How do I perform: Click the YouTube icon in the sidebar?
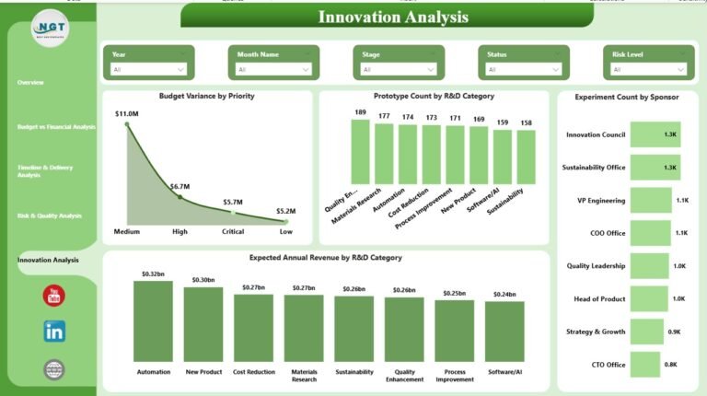(x=54, y=296)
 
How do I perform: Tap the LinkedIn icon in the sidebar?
(x=54, y=332)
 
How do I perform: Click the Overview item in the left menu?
(x=30, y=83)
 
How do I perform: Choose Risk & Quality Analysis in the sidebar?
(x=49, y=215)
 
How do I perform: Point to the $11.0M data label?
(x=127, y=113)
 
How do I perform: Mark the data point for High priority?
(x=180, y=196)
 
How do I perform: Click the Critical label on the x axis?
(x=233, y=231)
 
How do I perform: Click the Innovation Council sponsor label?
(x=596, y=134)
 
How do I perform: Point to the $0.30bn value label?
(x=203, y=280)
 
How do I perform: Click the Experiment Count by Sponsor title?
(x=626, y=96)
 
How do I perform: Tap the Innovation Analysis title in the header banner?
(x=393, y=17)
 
